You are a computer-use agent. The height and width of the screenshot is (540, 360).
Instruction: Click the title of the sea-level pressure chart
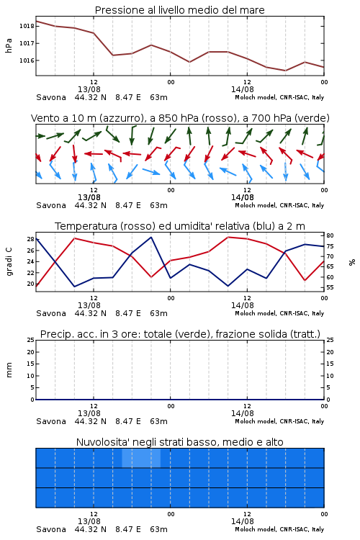[x=179, y=10]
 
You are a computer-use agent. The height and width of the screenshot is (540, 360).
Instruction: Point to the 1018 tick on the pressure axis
[x=27, y=26]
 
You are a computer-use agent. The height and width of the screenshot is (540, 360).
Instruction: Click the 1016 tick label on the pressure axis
[x=27, y=60]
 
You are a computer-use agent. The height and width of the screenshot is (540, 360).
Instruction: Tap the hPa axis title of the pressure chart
[x=9, y=45]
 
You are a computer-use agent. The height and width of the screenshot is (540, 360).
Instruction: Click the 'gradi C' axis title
[x=9, y=261]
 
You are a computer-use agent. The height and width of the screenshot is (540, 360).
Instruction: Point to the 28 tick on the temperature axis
[x=31, y=239]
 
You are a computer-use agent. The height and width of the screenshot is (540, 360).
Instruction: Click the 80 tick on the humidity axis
[x=330, y=235]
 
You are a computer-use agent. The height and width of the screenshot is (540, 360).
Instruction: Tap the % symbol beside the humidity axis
[x=352, y=262]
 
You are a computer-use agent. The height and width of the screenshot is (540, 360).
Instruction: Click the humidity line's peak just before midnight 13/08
[x=151, y=237]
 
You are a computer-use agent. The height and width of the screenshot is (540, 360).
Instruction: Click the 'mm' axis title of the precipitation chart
[x=9, y=370]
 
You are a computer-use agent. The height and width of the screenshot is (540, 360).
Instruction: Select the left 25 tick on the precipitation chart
[x=31, y=340]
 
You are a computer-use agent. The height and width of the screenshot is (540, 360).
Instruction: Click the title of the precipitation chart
[x=180, y=334]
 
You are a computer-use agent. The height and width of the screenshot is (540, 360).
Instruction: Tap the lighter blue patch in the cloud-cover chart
[x=141, y=458]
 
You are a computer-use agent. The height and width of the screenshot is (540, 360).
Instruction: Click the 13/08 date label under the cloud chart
[x=89, y=521]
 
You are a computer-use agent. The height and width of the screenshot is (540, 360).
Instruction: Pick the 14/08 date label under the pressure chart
[x=243, y=89]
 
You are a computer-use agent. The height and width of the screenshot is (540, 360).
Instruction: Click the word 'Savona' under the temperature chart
[x=51, y=313]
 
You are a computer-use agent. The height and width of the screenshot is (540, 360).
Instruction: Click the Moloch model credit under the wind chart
[x=279, y=205]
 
